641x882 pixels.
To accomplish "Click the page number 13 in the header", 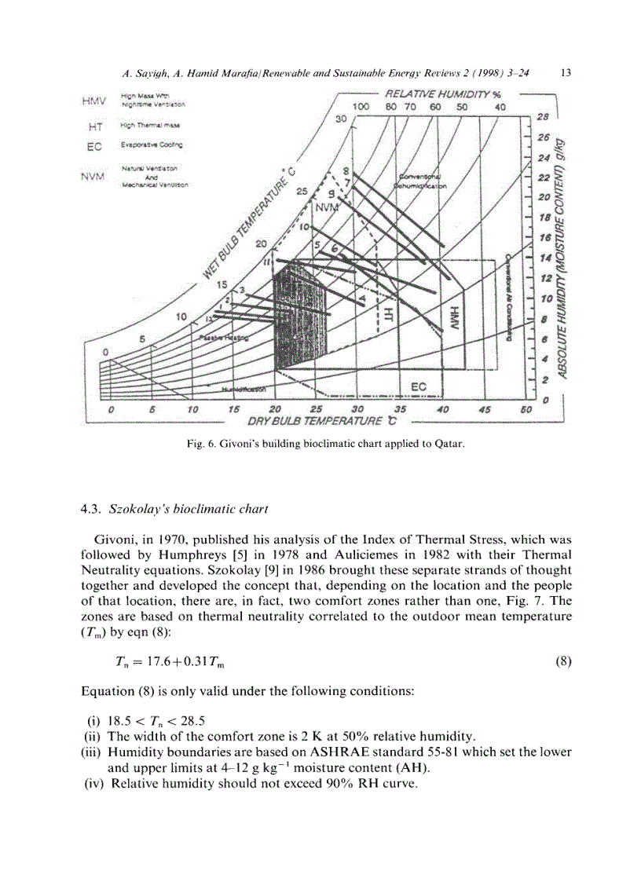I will pos(566,72).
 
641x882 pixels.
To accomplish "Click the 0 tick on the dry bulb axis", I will pos(112,409).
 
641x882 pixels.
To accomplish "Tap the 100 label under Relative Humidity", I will pos(361,107).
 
